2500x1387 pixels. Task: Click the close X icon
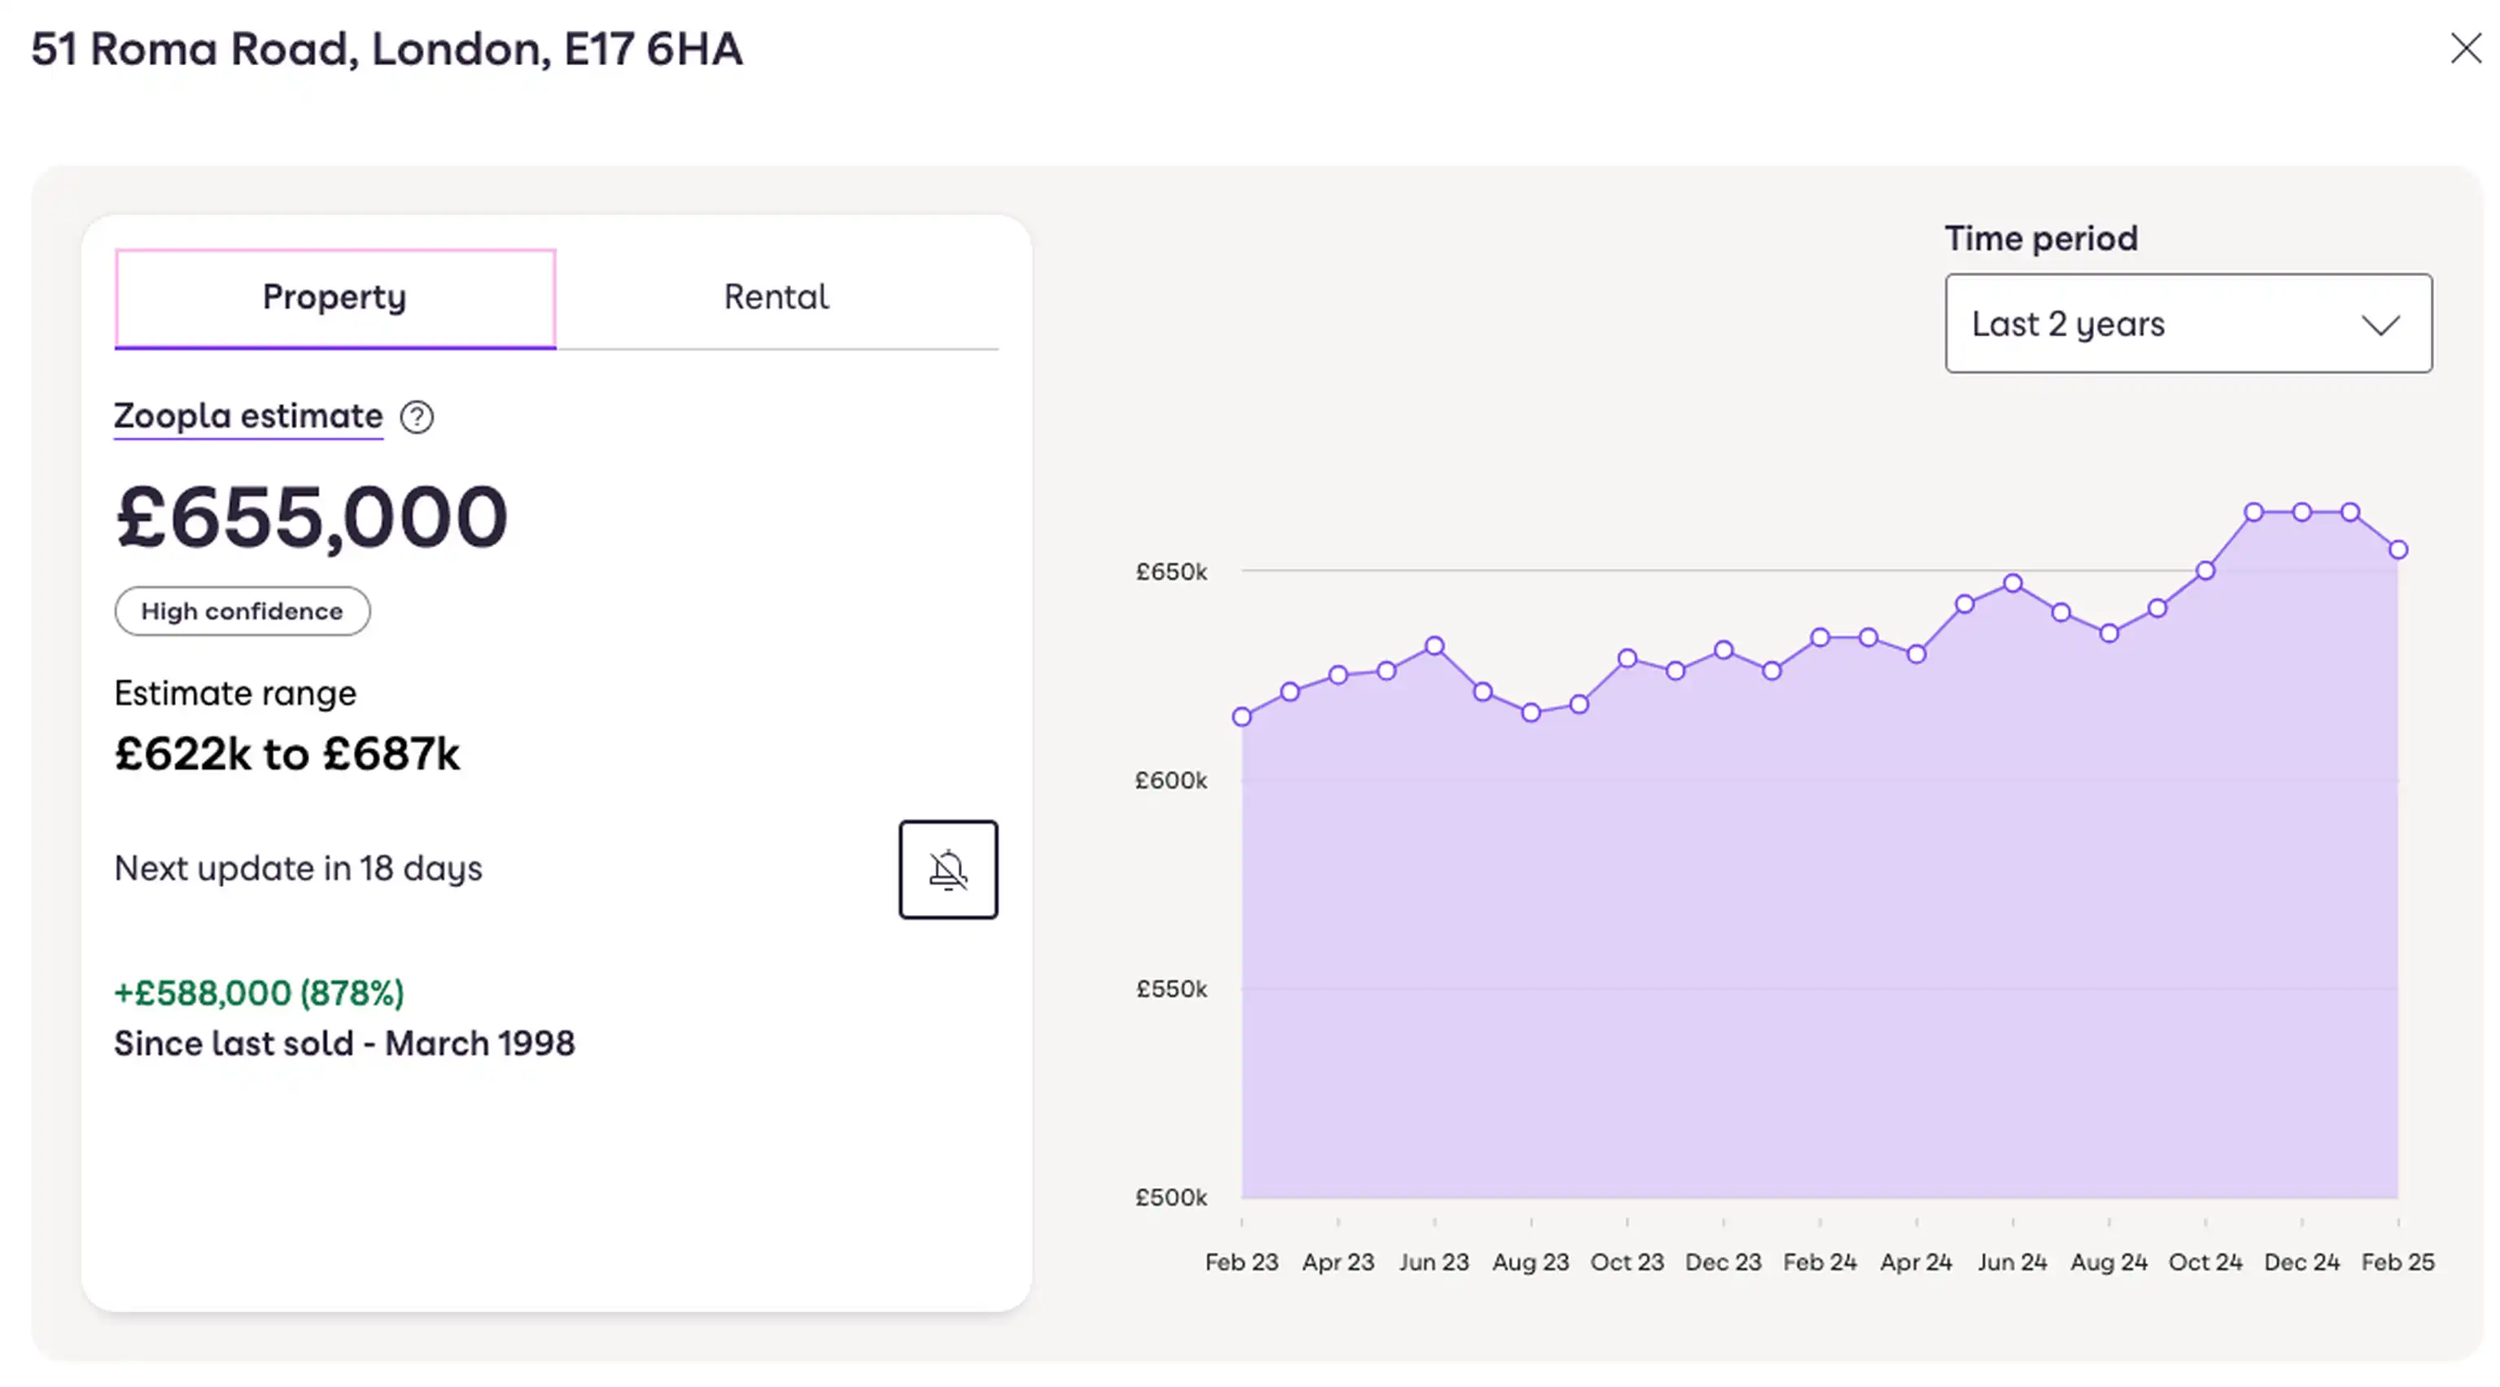(2465, 49)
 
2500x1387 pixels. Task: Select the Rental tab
(776, 297)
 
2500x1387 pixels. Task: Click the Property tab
(334, 297)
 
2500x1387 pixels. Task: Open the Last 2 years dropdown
(2187, 323)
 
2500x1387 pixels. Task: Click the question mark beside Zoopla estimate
(417, 418)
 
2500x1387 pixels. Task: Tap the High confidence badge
(242, 611)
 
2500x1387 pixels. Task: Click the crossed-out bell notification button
(947, 869)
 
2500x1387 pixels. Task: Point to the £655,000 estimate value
(311, 518)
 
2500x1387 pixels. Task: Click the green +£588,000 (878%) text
(259, 993)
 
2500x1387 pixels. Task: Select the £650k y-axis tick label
(1171, 571)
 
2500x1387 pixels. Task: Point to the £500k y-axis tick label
(1171, 1197)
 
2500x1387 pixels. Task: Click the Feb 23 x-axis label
(1241, 1262)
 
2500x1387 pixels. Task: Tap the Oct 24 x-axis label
(2205, 1262)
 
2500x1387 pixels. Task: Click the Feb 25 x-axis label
(2397, 1262)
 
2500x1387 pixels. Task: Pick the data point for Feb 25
(2398, 550)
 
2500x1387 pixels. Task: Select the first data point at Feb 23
(1242, 717)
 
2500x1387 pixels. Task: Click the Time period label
(2041, 238)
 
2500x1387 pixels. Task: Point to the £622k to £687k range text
(287, 755)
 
